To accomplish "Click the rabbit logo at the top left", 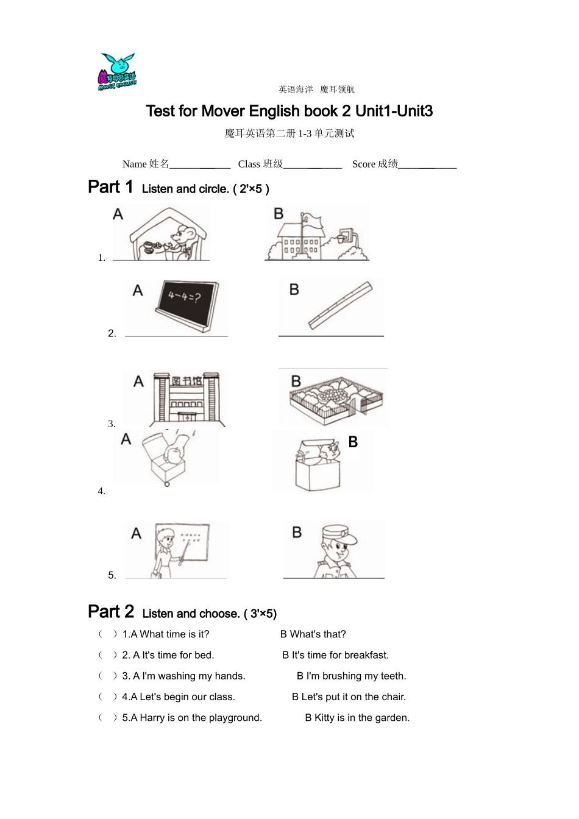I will pyautogui.click(x=117, y=72).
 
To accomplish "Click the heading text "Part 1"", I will pyautogui.click(x=110, y=186).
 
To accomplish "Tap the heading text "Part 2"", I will pyautogui.click(x=110, y=611).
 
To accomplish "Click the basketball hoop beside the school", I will pyautogui.click(x=345, y=235).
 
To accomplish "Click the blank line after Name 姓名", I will pyautogui.click(x=200, y=165).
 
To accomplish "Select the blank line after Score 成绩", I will pyautogui.click(x=427, y=165).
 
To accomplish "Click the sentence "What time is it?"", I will pyautogui.click(x=174, y=634).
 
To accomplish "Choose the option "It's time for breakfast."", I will pyautogui.click(x=340, y=655).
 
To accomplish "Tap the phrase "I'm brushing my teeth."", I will pyautogui.click(x=356, y=676).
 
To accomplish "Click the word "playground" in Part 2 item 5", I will pyautogui.click(x=235, y=718).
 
